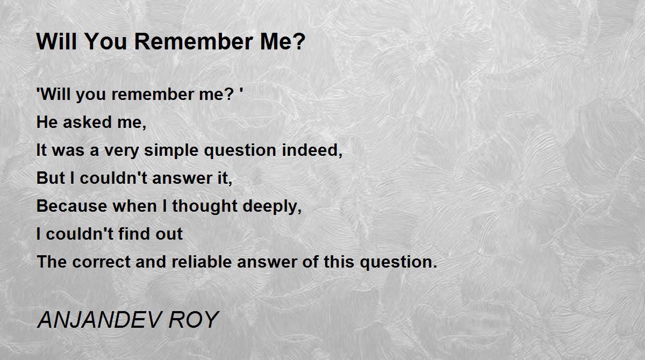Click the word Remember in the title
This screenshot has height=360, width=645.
coord(194,42)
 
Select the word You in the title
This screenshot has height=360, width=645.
coord(106,42)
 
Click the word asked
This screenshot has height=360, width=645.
coord(87,122)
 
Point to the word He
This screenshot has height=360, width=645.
coord(47,122)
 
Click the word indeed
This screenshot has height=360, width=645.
coord(310,150)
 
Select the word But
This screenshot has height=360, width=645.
coord(51,178)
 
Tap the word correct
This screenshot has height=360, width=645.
coord(102,262)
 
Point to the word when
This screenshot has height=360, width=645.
coord(134,206)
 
